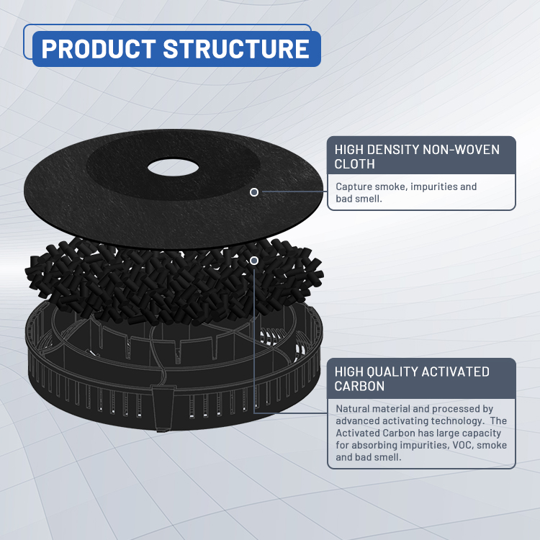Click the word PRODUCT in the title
(x=97, y=49)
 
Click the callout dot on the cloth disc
(x=254, y=192)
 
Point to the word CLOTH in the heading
(x=356, y=164)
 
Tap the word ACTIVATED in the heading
(x=456, y=372)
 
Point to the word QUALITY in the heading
(x=393, y=372)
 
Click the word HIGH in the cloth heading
(x=350, y=150)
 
